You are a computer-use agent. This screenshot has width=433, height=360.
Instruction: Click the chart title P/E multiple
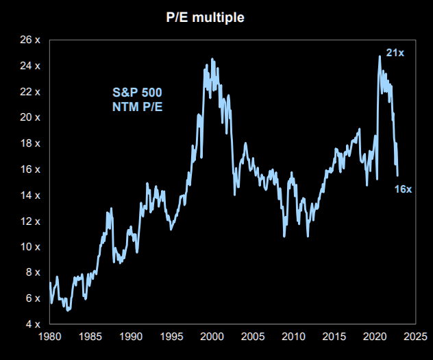click(x=205, y=17)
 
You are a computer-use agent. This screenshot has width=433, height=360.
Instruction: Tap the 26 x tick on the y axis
click(x=30, y=40)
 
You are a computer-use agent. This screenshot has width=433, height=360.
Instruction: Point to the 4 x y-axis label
click(x=33, y=324)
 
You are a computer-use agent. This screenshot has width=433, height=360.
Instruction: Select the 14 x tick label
click(x=30, y=195)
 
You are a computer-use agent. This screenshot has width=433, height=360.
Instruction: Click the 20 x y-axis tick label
click(x=30, y=117)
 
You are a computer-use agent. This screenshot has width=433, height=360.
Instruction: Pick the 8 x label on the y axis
click(x=33, y=272)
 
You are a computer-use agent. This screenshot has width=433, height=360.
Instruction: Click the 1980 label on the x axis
click(x=50, y=337)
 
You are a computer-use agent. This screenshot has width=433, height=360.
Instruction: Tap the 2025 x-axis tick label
click(x=415, y=337)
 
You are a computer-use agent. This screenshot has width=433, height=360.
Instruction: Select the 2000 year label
click(x=212, y=337)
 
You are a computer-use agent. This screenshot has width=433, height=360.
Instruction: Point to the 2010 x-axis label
click(x=293, y=337)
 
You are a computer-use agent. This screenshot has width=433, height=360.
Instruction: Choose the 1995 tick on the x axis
click(x=171, y=337)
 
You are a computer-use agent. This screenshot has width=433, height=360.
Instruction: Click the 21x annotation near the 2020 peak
click(x=395, y=53)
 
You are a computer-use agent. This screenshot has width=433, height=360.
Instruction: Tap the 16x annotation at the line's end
click(x=403, y=189)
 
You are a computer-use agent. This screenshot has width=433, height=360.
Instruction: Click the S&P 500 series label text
click(x=137, y=93)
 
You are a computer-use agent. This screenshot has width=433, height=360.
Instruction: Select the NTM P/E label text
click(x=137, y=107)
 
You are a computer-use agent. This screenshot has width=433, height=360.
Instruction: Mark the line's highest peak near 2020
click(x=380, y=56)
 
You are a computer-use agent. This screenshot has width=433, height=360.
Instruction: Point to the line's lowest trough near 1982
click(x=68, y=311)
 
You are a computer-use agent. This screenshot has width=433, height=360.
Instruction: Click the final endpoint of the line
click(x=397, y=176)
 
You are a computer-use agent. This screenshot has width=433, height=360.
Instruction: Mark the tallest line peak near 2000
click(x=212, y=58)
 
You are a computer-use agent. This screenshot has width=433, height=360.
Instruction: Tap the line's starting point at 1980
click(x=50, y=283)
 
